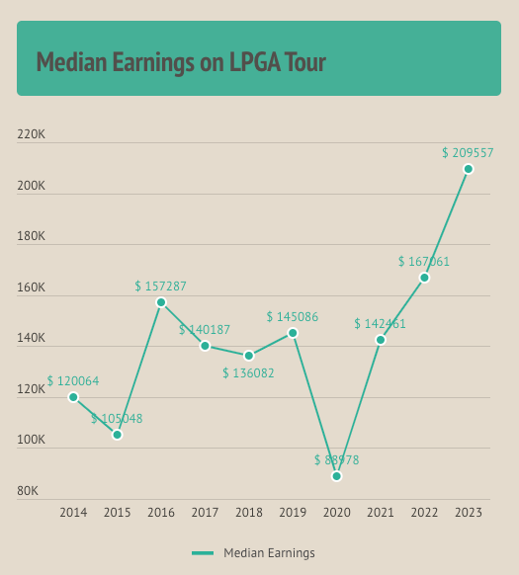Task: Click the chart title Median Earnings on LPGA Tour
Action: click(x=181, y=62)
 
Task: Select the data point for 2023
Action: click(x=468, y=169)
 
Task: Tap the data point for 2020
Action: click(x=336, y=476)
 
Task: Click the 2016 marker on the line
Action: click(x=161, y=302)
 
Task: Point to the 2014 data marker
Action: click(x=73, y=397)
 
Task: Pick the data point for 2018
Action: click(x=249, y=356)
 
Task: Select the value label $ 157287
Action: click(x=160, y=287)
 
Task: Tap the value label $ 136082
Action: click(x=248, y=373)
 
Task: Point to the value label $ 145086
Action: click(x=292, y=317)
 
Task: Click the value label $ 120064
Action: click(x=73, y=381)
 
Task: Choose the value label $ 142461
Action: click(x=380, y=323)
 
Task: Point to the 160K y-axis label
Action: click(x=32, y=287)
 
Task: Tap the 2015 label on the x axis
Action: click(x=117, y=513)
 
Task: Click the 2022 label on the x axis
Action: click(x=424, y=513)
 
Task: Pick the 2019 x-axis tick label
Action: click(x=293, y=513)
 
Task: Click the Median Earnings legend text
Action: click(x=269, y=553)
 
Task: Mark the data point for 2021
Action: click(x=381, y=340)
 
